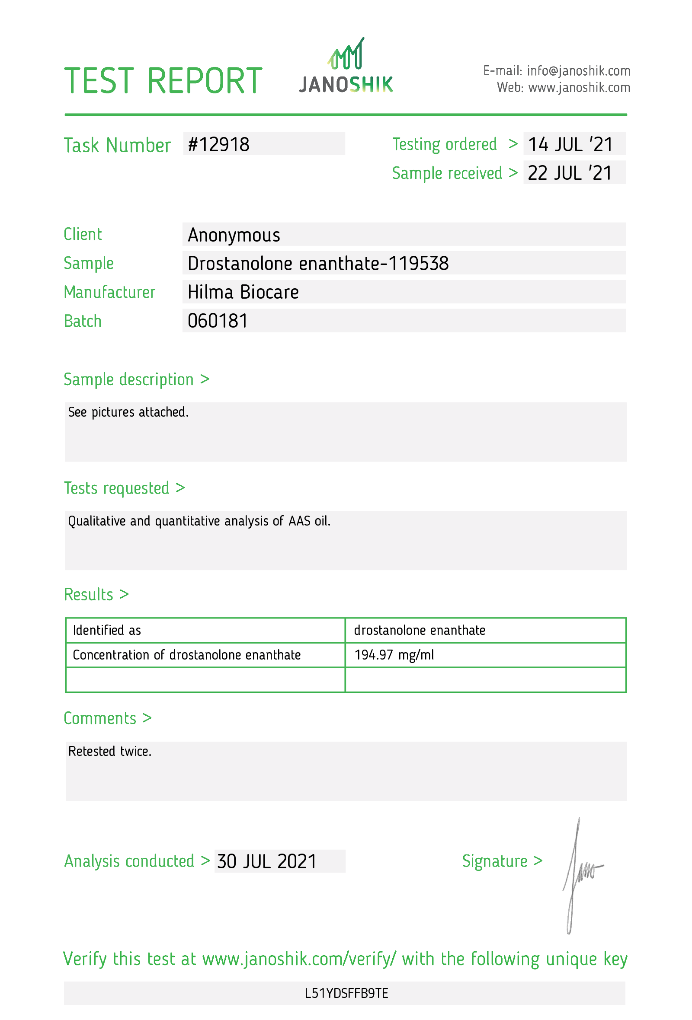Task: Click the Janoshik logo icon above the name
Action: coord(346,54)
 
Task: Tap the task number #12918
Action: coord(219,144)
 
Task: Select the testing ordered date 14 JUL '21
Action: coord(570,144)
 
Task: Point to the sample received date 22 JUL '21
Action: coord(570,173)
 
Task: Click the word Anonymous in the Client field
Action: coord(234,235)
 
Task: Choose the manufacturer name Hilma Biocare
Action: coord(243,292)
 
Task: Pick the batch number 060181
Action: coord(218,321)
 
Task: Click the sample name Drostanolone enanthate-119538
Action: coord(318,263)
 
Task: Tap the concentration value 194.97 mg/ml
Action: coord(394,655)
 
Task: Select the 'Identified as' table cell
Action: coord(107,630)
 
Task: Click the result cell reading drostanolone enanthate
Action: coord(420,630)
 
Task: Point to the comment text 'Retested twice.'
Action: coord(110,751)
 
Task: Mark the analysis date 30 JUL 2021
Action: coord(266,861)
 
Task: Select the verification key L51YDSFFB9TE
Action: coord(346,993)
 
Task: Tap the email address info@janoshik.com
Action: coord(578,70)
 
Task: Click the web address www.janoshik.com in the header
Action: coord(579,88)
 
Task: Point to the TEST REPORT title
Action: coord(163,81)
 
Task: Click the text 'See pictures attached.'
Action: coord(128,412)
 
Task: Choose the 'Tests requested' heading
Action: coord(116,488)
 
